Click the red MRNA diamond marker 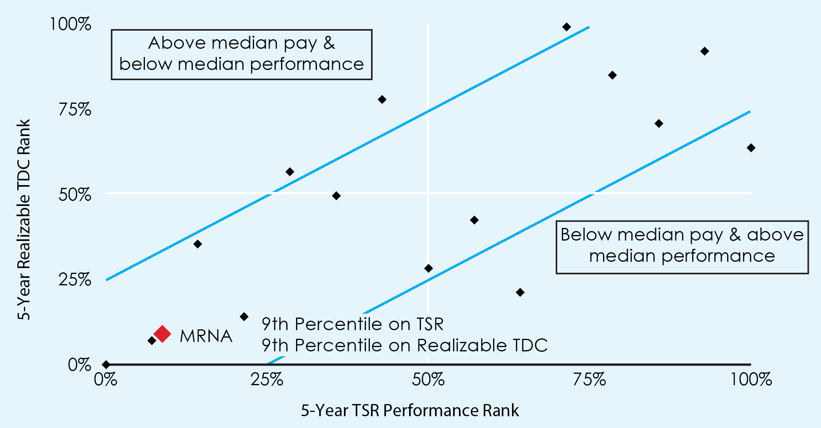(x=162, y=334)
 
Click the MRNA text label (x=206, y=336)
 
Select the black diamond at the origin (x=106, y=364)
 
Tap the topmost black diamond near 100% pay (x=566, y=27)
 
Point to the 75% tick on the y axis (x=75, y=109)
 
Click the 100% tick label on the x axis (x=751, y=380)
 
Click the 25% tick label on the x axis (x=267, y=380)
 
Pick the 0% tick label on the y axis (x=79, y=365)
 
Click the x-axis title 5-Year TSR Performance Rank (x=410, y=410)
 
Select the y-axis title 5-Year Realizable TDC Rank (x=24, y=219)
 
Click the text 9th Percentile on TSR (x=352, y=324)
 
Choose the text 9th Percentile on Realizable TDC (x=404, y=345)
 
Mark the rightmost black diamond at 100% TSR (x=751, y=148)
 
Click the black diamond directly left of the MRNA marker (x=152, y=341)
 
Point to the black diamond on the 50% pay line (x=336, y=196)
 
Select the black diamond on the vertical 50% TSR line (x=428, y=268)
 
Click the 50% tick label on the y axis (x=75, y=195)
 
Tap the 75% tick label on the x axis (x=589, y=380)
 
